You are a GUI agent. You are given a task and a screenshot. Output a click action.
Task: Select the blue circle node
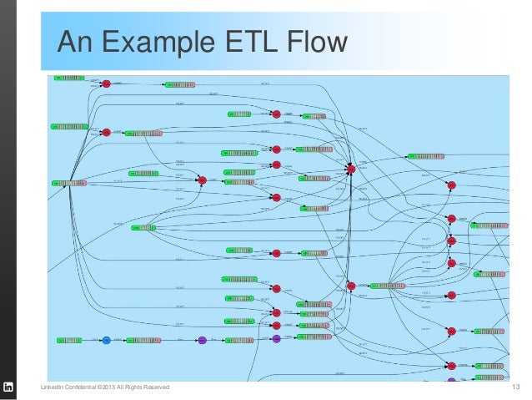point(106,340)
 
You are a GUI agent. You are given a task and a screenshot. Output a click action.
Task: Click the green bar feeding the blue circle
point(69,340)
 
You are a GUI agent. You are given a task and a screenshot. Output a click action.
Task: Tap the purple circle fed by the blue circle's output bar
point(201,340)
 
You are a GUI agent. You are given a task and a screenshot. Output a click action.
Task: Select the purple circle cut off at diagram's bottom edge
point(451,381)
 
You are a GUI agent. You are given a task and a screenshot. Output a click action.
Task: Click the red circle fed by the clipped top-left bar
point(106,83)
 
